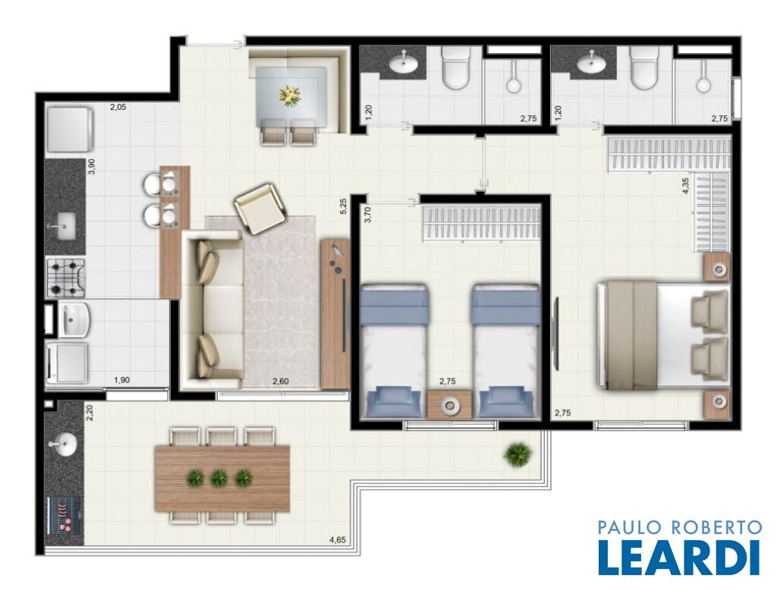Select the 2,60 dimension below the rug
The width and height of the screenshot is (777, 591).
282,381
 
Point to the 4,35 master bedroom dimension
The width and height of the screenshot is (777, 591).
686,186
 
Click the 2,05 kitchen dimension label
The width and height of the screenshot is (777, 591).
118,106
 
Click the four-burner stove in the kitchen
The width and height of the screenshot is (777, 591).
66,278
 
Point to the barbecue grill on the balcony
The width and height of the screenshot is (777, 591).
64,517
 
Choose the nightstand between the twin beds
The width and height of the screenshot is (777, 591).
450,404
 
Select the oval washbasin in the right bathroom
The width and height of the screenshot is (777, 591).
593,63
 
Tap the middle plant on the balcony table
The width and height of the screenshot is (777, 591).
218,478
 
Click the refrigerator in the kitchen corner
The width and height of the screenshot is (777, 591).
69,129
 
